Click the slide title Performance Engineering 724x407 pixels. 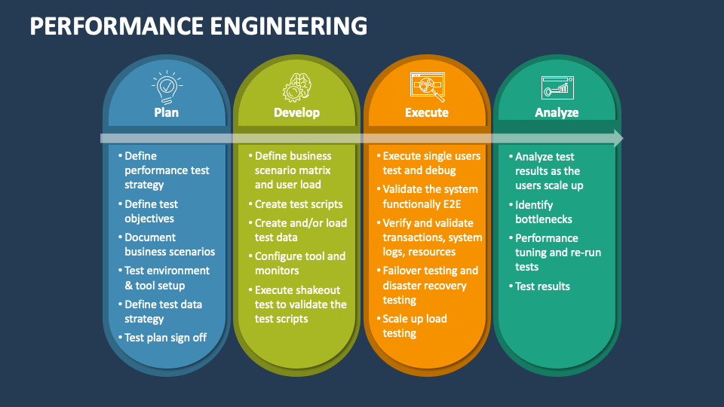(x=199, y=26)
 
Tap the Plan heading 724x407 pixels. (x=166, y=112)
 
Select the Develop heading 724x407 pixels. (x=296, y=112)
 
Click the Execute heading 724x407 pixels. (x=427, y=112)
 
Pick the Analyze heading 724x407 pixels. (x=557, y=112)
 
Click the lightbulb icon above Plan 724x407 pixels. (x=166, y=87)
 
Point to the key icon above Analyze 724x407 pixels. (x=557, y=87)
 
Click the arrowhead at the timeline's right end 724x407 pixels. (x=618, y=138)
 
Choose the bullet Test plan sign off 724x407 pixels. (x=165, y=338)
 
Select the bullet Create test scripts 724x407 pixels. (x=298, y=204)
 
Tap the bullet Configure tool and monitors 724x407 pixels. (x=299, y=263)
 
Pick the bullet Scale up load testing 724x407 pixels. (x=414, y=326)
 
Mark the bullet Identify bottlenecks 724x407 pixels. (x=543, y=212)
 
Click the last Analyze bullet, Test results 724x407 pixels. (x=542, y=286)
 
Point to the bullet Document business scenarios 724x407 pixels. (x=169, y=244)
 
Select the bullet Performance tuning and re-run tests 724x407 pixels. (x=557, y=252)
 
